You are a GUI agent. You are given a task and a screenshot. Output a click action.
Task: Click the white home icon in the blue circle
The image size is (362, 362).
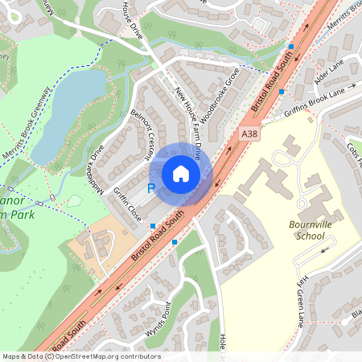[x=181, y=173]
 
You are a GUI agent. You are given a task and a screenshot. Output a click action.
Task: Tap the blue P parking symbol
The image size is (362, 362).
[x=150, y=189]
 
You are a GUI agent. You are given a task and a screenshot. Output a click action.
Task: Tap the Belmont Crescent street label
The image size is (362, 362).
[x=146, y=136]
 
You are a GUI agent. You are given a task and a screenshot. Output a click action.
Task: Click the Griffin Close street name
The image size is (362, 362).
[x=127, y=204]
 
